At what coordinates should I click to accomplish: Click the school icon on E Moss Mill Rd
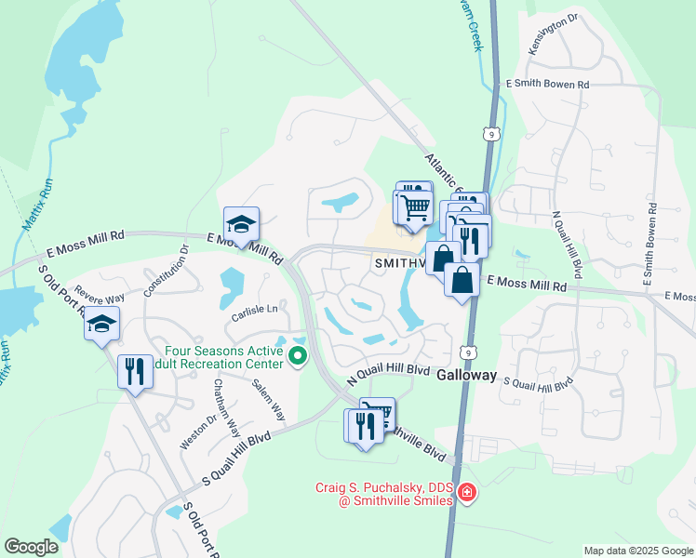point(241,224)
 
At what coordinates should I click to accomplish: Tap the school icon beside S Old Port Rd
point(101,325)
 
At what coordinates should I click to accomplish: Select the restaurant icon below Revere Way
point(135,372)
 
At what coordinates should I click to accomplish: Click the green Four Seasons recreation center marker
point(298,356)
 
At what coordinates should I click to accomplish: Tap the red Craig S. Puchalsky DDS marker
point(466,493)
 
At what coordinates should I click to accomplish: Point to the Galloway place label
point(469,379)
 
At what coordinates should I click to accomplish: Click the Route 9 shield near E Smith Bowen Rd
point(492,135)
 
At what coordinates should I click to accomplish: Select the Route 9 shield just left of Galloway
point(471,352)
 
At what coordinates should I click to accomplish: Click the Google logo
point(32,546)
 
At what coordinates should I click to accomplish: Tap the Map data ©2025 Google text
point(637,551)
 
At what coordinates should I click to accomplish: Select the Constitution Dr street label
point(165,271)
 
